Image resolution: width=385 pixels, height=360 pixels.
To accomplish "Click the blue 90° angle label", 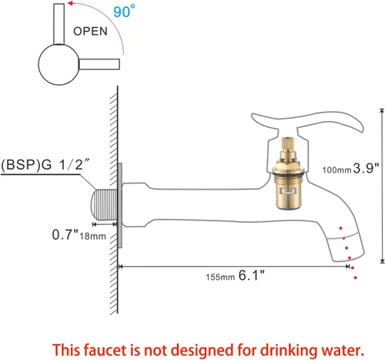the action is [124, 12].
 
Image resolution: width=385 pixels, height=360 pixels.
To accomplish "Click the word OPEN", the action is [90, 32].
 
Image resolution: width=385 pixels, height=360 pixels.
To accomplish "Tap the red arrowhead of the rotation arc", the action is [71, 3].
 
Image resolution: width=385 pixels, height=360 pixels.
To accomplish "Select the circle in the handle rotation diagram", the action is [59, 65].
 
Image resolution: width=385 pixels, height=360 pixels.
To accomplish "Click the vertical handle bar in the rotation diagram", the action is [59, 24].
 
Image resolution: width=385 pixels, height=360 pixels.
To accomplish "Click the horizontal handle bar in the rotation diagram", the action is [99, 64].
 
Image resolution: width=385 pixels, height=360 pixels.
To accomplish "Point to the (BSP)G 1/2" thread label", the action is [45, 165].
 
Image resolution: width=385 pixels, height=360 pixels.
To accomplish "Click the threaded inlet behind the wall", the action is [104, 204].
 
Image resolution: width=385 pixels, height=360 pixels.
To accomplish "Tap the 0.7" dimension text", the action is [65, 234].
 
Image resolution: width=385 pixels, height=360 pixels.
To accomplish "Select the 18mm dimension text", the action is [92, 237].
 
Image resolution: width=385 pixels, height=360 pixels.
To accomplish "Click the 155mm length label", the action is [220, 278].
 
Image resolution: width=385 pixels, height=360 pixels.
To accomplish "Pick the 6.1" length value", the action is [252, 275].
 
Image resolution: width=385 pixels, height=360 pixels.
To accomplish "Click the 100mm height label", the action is [336, 170].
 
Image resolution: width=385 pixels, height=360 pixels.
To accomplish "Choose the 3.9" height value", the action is [367, 168].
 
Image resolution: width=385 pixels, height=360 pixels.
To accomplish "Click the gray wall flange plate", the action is [119, 205].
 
